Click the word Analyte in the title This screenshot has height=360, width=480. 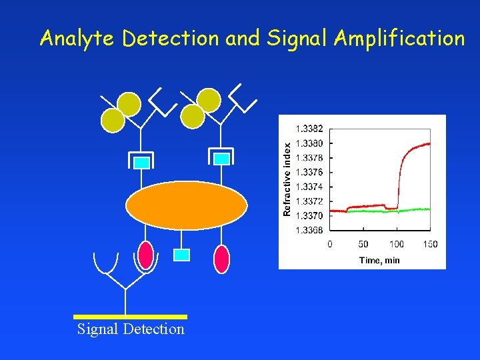coord(78,39)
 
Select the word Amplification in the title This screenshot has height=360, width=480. coord(399,39)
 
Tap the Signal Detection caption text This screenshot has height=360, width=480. coord(131,329)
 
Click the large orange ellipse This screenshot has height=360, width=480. coord(186,205)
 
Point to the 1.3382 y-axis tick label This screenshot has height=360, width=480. coord(309,128)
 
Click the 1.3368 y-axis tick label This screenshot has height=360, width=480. coord(309,231)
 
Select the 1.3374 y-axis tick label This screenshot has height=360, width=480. coord(309,187)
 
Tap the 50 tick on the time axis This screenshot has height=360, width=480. coord(363,245)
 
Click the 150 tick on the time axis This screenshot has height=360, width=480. coord(430,245)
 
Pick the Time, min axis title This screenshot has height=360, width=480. coord(379,260)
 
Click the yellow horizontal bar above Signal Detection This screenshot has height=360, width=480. coord(130,317)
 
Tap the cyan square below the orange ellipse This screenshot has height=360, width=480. coord(181,254)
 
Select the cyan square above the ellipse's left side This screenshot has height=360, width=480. coord(141,162)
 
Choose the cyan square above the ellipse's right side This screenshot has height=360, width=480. coord(222,159)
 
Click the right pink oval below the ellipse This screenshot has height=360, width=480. coord(222,259)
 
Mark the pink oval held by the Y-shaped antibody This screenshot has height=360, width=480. coord(145,255)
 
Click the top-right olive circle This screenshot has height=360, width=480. coord(209,100)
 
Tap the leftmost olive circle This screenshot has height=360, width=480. coord(113,120)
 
